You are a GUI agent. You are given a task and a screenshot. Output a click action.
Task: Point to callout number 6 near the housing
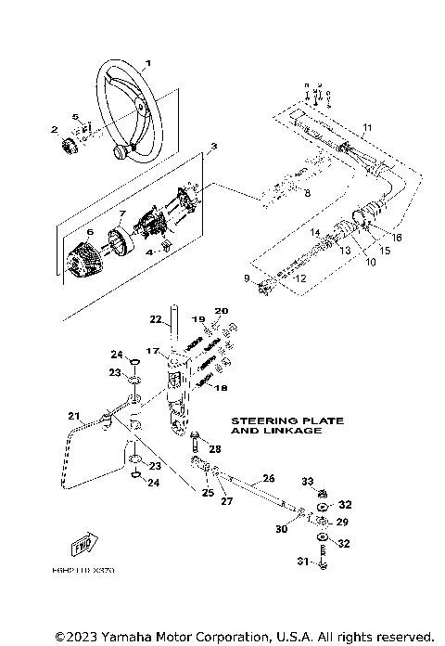[65, 232]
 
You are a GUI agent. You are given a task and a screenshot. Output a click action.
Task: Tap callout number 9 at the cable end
[246, 278]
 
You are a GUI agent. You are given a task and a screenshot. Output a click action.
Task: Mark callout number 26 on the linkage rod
[269, 478]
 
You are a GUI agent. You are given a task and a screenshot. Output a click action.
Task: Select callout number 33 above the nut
[308, 482]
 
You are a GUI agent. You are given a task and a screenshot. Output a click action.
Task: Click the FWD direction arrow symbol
[83, 545]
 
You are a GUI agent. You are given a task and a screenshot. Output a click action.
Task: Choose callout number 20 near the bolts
[221, 311]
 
